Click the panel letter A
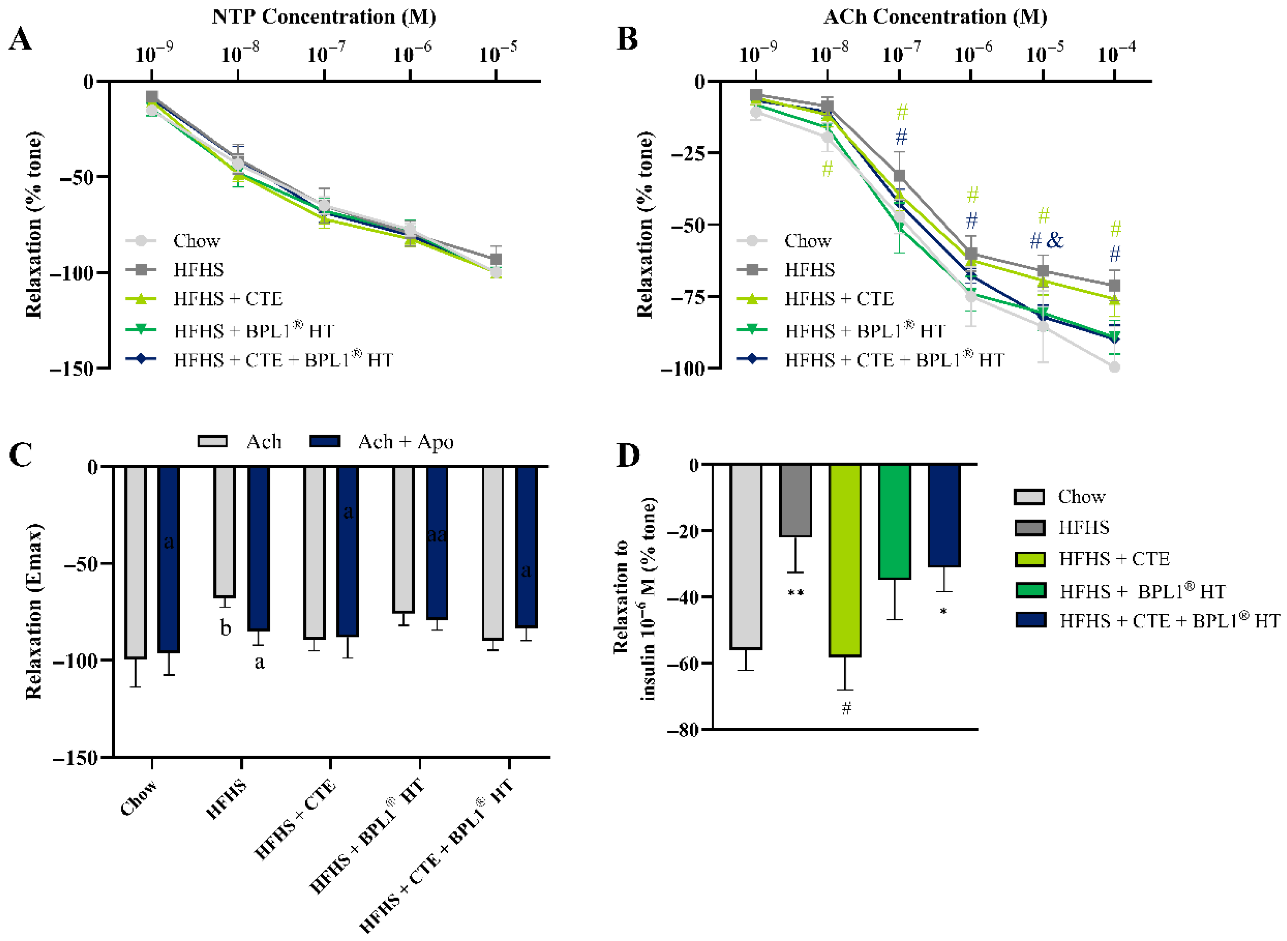click(20, 39)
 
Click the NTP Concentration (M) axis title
click(324, 17)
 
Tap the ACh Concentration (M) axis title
click(935, 17)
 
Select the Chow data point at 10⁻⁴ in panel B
click(1114, 367)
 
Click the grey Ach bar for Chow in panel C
click(135, 562)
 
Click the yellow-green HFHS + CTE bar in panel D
click(845, 560)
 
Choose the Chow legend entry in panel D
click(1059, 497)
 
